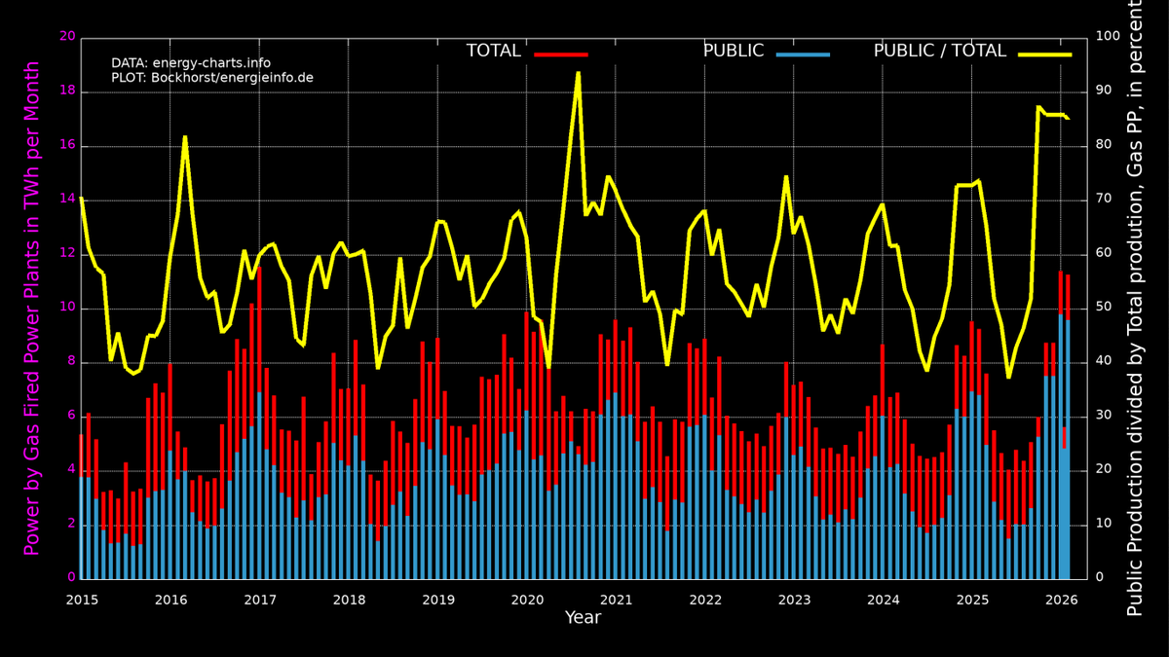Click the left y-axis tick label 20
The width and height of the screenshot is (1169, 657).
[x=67, y=37]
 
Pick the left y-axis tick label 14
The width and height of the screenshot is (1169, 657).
[x=67, y=200]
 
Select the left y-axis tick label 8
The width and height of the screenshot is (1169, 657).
[x=71, y=362]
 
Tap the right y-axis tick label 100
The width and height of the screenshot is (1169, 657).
[x=1109, y=37]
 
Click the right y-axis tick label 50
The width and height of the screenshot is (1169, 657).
[x=1105, y=308]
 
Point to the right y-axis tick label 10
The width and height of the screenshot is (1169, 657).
[x=1105, y=524]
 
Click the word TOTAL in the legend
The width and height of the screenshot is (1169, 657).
[x=493, y=52]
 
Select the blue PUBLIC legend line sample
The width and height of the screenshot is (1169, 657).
[x=803, y=55]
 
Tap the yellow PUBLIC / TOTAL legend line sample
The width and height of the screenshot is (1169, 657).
[x=1044, y=55]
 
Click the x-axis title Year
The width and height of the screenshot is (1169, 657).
[x=583, y=618]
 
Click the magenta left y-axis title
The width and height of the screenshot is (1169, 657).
[x=31, y=308]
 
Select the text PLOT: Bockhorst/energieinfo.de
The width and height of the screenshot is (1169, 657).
[x=212, y=78]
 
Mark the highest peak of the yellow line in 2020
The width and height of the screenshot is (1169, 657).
[x=578, y=72]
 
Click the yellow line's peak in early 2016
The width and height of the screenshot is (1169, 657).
[x=185, y=136]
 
